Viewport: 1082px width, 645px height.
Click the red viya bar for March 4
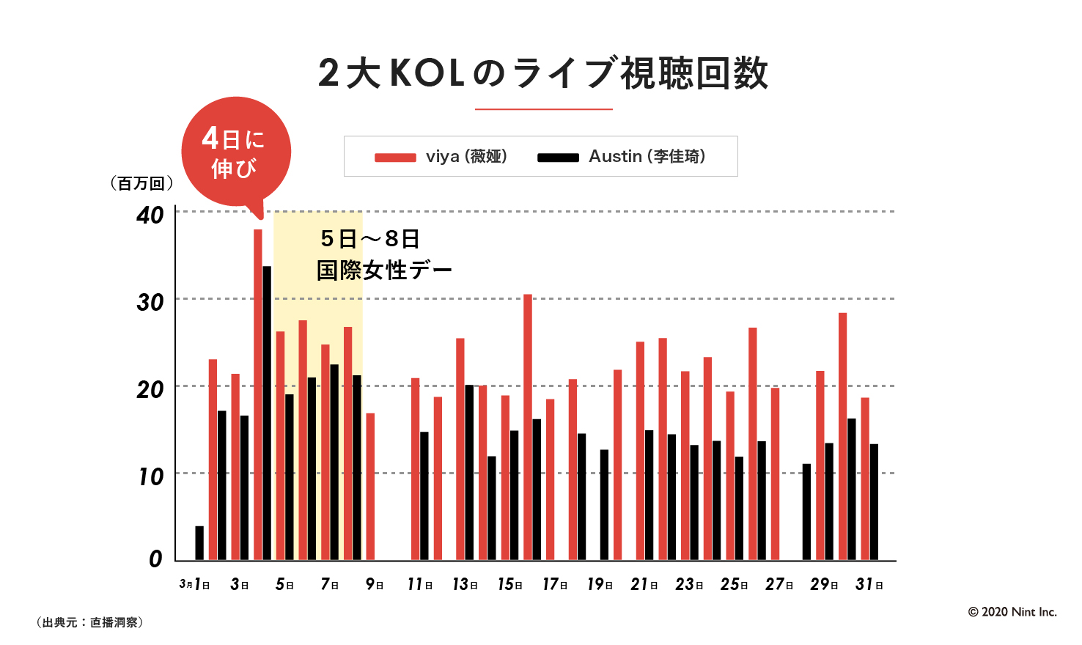point(258,395)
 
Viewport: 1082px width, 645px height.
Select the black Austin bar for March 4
point(267,413)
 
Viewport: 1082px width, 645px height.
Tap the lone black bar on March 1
point(199,543)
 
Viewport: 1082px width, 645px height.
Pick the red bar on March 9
point(370,487)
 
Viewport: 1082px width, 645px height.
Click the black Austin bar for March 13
point(469,473)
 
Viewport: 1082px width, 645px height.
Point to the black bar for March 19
point(604,505)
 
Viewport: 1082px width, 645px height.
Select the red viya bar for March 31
point(865,479)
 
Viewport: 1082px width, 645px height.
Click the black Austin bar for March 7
point(334,462)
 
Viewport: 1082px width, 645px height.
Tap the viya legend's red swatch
point(395,158)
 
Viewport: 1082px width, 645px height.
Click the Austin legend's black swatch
point(558,158)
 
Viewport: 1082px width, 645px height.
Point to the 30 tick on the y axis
point(150,302)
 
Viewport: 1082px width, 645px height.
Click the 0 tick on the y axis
point(155,559)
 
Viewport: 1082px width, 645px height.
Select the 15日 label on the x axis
point(510,585)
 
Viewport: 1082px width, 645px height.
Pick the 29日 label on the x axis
point(824,585)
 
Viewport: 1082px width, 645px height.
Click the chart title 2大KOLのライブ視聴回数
point(543,73)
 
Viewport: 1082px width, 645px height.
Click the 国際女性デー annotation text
point(384,270)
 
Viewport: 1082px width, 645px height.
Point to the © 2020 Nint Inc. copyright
point(1012,612)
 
